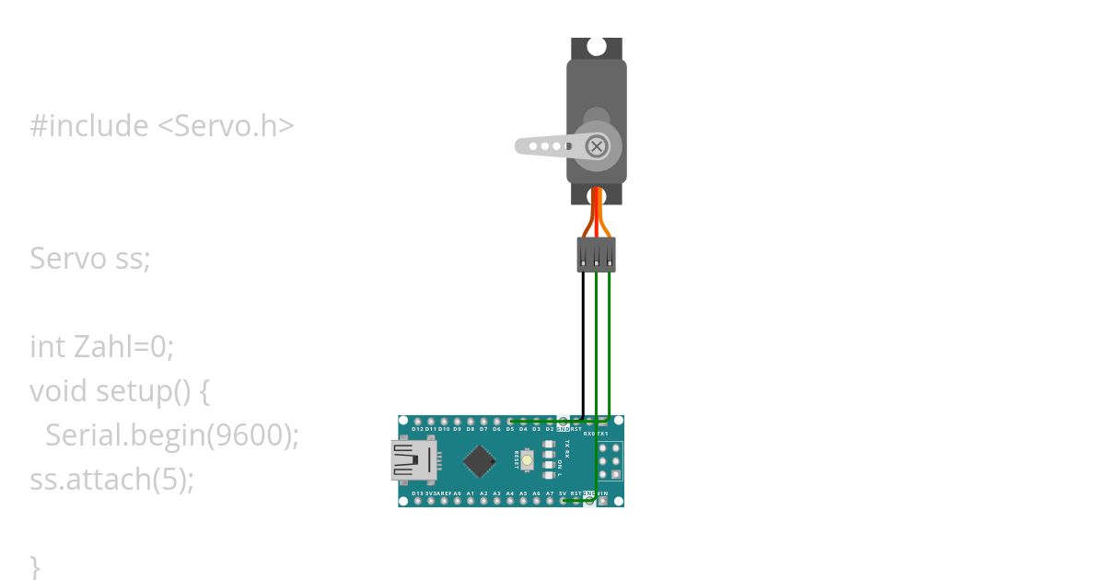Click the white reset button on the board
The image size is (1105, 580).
[x=527, y=459]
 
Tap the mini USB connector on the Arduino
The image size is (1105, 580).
[x=413, y=460]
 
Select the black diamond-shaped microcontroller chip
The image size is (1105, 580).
[x=480, y=460]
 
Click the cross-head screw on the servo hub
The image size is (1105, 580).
[x=597, y=146]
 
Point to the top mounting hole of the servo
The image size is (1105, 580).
[x=597, y=46]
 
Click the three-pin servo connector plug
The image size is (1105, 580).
[x=597, y=254]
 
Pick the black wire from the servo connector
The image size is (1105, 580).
[x=583, y=341]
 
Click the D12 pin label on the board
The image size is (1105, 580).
[x=418, y=429]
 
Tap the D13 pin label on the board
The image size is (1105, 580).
[x=418, y=494]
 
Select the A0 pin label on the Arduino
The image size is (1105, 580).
[x=457, y=494]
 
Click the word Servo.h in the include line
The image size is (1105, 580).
[x=233, y=126]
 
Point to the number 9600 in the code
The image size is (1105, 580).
[x=248, y=435]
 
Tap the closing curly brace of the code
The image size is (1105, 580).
[x=35, y=565]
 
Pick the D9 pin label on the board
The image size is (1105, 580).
[x=458, y=429]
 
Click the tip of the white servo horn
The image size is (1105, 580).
[x=521, y=145]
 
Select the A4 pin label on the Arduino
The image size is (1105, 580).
[x=510, y=494]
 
